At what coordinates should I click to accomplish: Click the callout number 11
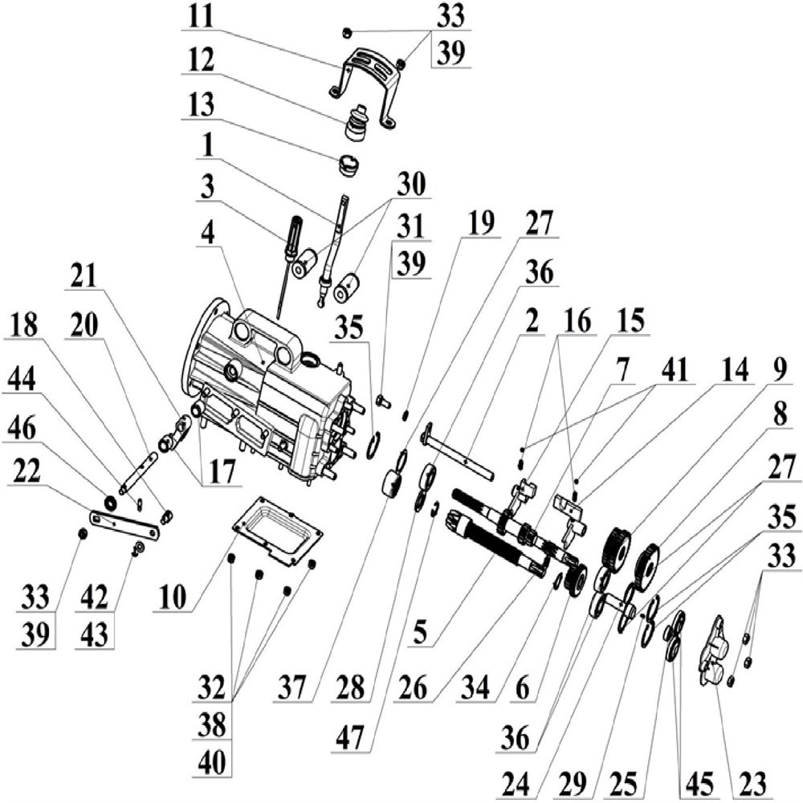pos(198,16)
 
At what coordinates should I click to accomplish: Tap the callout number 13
pos(198,104)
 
